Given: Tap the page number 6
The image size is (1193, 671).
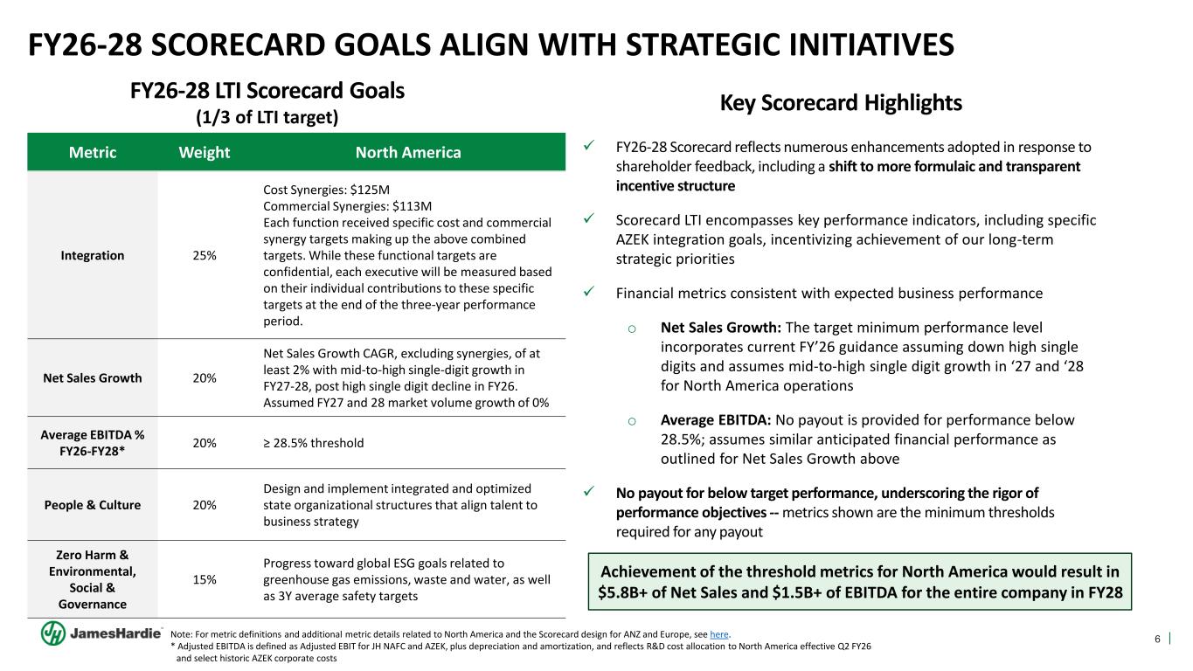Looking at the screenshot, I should coord(1158,639).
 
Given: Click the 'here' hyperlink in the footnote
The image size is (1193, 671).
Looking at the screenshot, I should coord(720,634).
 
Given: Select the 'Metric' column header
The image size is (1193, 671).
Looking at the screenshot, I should coord(93,153).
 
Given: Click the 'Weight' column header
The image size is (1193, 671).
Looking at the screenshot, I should coord(204,153).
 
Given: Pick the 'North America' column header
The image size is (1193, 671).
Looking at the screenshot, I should coord(407,153).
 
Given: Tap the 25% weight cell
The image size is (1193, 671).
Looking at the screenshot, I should coord(204,256).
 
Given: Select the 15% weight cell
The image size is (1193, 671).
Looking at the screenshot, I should coord(204,579).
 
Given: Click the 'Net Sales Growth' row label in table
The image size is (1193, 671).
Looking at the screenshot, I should coord(93,378).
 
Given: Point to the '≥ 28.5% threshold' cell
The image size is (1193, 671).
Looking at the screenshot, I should coord(314,443).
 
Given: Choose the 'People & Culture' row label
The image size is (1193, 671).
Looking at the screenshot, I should coord(93,505).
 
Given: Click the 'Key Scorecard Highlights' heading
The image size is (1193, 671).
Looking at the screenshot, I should coord(840,103).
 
